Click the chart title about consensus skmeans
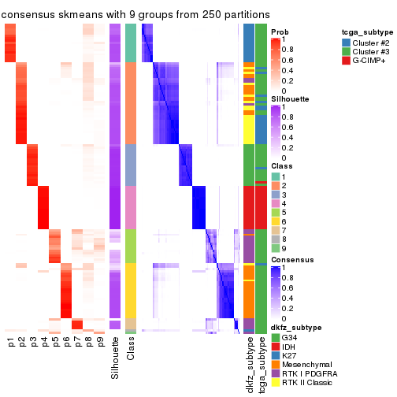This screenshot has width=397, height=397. [x=135, y=15]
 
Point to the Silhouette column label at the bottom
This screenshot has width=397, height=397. [x=116, y=358]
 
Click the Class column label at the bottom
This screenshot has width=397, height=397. [x=131, y=350]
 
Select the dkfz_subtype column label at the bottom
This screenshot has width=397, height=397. [x=250, y=363]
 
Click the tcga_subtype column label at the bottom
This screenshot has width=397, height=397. [x=262, y=363]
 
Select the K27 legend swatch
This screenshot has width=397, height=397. [x=275, y=356]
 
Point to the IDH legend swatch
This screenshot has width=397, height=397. [x=275, y=348]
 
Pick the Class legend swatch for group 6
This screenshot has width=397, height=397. [x=275, y=221]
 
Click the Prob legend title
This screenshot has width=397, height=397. [x=280, y=32]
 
